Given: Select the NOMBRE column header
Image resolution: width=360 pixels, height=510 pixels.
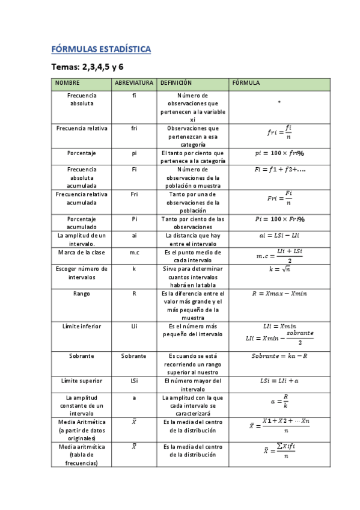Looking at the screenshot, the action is pyautogui.click(x=67, y=83).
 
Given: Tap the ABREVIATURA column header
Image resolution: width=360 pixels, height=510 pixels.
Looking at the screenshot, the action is pyautogui.click(x=134, y=83).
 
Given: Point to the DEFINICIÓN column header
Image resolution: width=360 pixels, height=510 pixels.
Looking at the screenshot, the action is pyautogui.click(x=175, y=83).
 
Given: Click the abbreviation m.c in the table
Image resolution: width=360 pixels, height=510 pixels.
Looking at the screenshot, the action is pyautogui.click(x=134, y=253).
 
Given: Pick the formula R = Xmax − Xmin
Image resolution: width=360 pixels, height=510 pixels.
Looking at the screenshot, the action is pyautogui.click(x=279, y=293).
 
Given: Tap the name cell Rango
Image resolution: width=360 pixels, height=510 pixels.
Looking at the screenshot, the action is pyautogui.click(x=81, y=293).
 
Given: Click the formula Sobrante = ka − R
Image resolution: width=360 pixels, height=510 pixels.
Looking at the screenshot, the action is pyautogui.click(x=279, y=356).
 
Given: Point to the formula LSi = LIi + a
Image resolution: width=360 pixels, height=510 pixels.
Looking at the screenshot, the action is pyautogui.click(x=279, y=381).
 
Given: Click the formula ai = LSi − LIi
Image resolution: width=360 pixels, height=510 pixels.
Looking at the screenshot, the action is pyautogui.click(x=279, y=236).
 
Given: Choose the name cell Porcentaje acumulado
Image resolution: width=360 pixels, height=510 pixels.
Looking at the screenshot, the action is pyautogui.click(x=81, y=223).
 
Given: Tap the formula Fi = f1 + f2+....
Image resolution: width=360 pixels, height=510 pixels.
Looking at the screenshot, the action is pyautogui.click(x=279, y=170).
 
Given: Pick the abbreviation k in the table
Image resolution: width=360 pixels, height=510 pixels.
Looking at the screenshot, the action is pyautogui.click(x=134, y=269).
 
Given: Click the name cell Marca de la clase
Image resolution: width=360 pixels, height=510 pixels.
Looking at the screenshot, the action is pyautogui.click(x=81, y=253).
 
